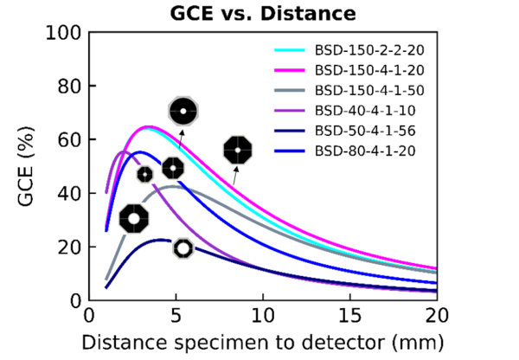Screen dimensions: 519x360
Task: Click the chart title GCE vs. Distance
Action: point(263,14)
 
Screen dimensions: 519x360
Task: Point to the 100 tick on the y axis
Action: point(63,33)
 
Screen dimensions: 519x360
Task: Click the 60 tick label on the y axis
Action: point(69,140)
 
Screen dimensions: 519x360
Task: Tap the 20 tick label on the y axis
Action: point(69,247)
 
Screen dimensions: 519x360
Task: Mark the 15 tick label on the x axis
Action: point(349,316)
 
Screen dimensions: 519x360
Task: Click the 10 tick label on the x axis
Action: point(263,316)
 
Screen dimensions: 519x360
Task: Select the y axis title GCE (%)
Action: point(26,166)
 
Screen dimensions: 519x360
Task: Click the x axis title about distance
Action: point(263,343)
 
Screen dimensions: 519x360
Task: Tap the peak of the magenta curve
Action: point(149,127)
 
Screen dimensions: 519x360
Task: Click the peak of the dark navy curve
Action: point(161,240)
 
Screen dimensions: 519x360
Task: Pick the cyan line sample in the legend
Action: point(289,50)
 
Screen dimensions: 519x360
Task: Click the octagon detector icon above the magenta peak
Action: point(183,112)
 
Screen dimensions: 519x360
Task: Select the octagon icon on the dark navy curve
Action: point(183,248)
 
